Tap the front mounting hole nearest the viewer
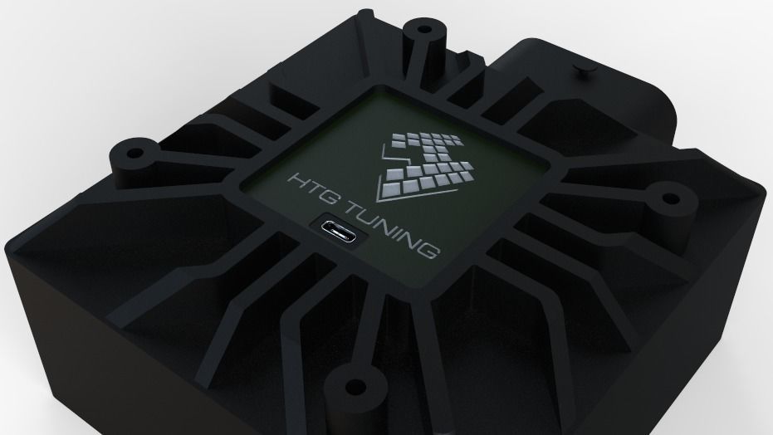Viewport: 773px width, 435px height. pyautogui.click(x=355, y=387)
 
